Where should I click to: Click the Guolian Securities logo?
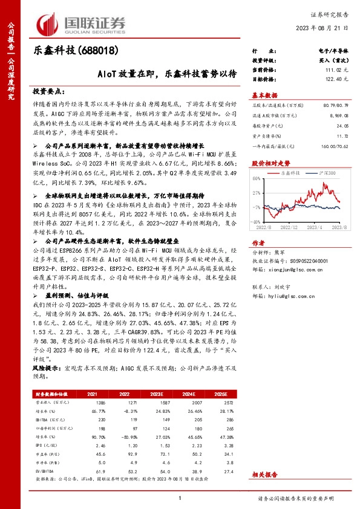coord(81,23)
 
